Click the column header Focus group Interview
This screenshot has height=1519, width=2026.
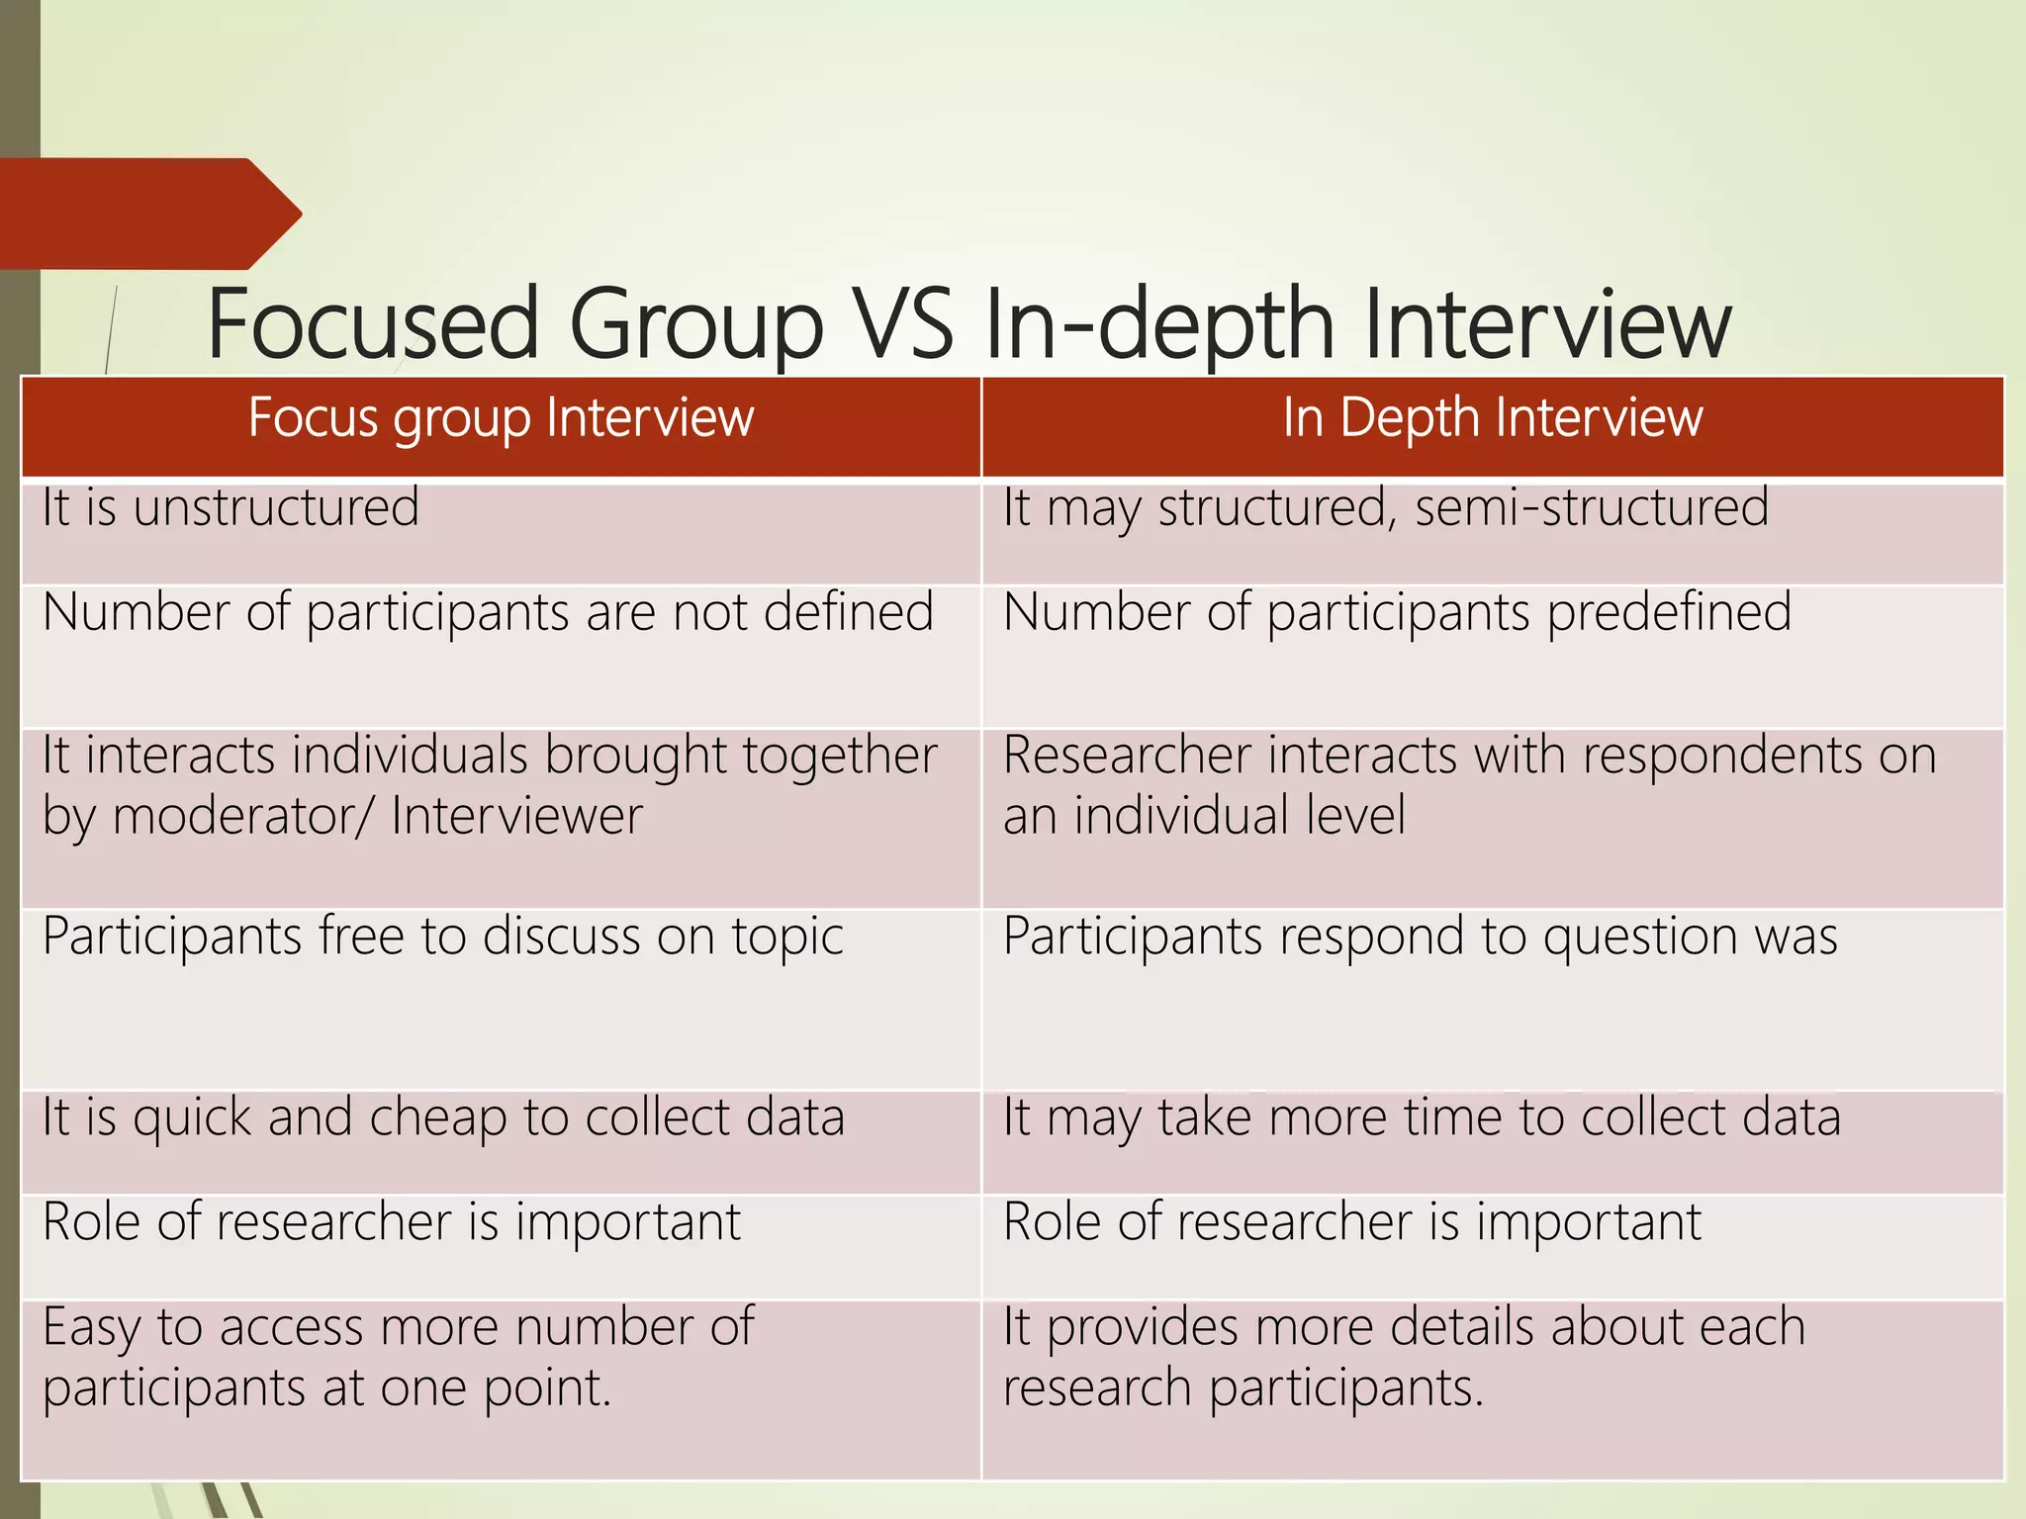pyautogui.click(x=501, y=417)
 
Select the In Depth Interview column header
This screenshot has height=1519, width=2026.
pyautogui.click(x=1492, y=417)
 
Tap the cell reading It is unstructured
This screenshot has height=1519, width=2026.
pyautogui.click(x=230, y=508)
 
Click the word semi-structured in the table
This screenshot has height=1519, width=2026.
pyautogui.click(x=1591, y=508)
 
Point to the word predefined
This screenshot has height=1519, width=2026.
pyautogui.click(x=1669, y=612)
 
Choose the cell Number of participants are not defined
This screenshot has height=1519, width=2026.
pyautogui.click(x=488, y=612)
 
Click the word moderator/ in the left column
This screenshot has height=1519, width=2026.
pyautogui.click(x=243, y=817)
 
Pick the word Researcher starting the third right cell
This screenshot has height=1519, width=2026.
pyautogui.click(x=1127, y=756)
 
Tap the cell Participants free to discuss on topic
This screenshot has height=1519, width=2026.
pyautogui.click(x=443, y=937)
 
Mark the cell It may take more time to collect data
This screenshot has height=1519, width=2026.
pyautogui.click(x=1422, y=1118)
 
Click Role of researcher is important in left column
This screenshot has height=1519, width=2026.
pyautogui.click(x=392, y=1222)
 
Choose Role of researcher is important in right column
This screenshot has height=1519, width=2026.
pyautogui.click(x=1352, y=1222)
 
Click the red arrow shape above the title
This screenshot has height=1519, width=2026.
pyautogui.click(x=148, y=214)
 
